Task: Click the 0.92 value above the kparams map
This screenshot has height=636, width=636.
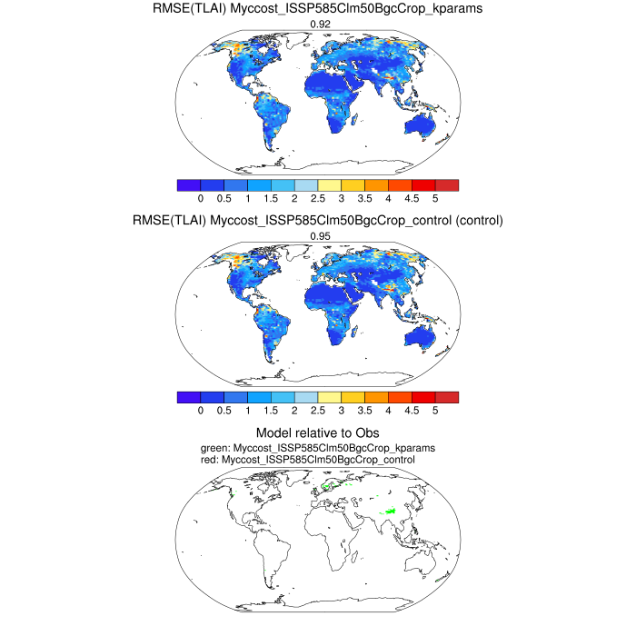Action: (318, 25)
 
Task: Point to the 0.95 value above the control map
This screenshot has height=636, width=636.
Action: (318, 237)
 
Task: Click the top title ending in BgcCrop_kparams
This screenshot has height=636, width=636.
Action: (318, 10)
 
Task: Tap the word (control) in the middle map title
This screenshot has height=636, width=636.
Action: (475, 222)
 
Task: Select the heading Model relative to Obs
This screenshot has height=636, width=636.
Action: (318, 433)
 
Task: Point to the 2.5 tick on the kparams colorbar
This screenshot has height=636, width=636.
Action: (317, 197)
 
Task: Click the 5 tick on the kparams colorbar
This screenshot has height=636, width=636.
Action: (435, 197)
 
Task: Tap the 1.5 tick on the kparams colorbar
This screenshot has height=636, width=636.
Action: (270, 197)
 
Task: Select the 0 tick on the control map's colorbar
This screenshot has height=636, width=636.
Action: (200, 410)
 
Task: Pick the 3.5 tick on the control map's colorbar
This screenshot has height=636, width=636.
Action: (364, 410)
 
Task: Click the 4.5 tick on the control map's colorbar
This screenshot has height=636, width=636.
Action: (412, 410)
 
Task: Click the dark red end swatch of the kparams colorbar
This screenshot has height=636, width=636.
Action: (447, 184)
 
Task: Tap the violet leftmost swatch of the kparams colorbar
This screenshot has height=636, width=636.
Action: (188, 184)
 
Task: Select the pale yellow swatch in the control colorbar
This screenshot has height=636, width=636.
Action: (329, 397)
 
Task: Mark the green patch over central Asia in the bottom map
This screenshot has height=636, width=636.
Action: (392, 513)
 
